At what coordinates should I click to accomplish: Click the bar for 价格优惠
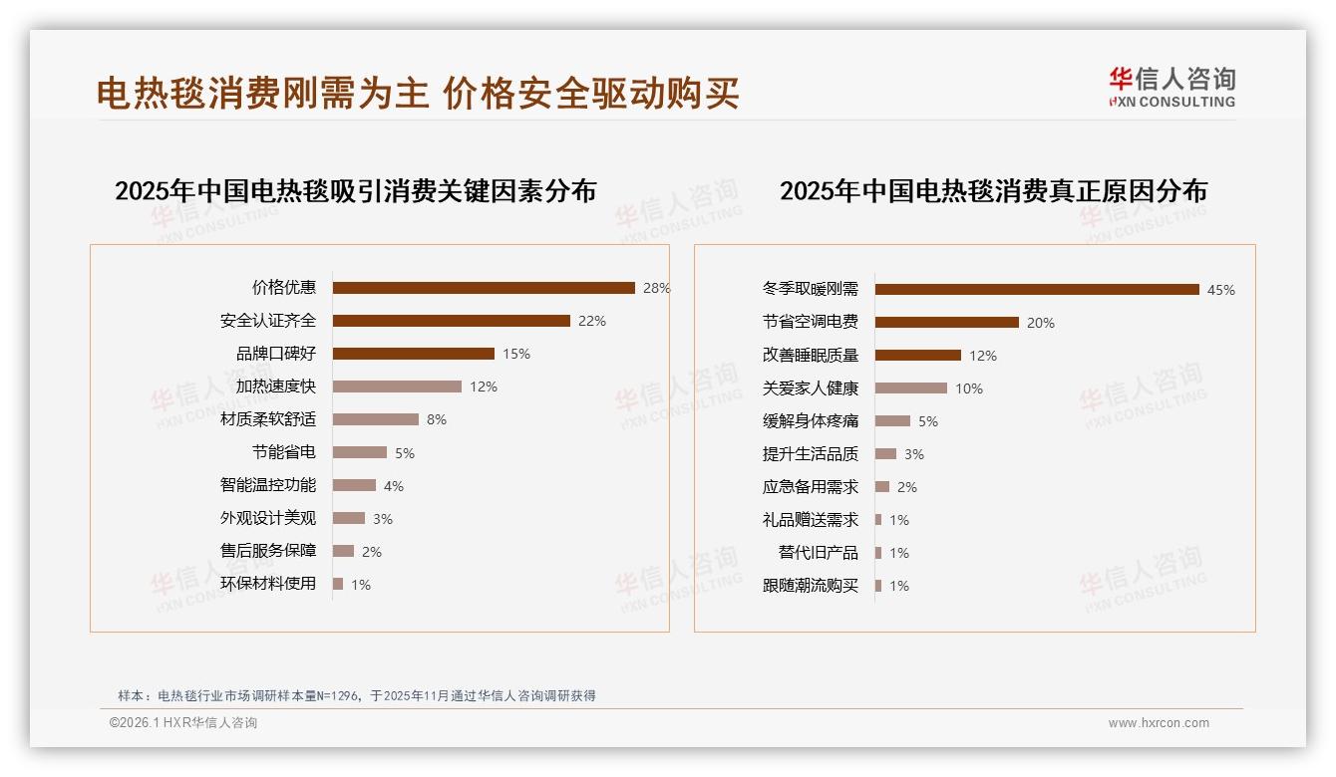click(x=484, y=288)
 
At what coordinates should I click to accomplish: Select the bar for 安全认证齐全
click(x=451, y=321)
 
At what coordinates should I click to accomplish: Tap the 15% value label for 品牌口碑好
click(x=516, y=354)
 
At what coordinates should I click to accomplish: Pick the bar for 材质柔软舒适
click(x=375, y=419)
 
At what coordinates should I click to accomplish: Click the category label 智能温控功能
click(x=268, y=485)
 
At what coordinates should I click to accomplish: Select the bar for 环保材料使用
click(x=338, y=584)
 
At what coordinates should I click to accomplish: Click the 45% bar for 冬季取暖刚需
click(x=1037, y=290)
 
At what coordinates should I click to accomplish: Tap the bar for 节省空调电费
click(x=946, y=323)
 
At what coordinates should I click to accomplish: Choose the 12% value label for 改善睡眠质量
click(x=983, y=356)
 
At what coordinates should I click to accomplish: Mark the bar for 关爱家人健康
click(x=910, y=388)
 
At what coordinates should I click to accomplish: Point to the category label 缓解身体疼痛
click(x=811, y=421)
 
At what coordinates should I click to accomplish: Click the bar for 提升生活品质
click(x=885, y=454)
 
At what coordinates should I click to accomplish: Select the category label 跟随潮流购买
click(x=811, y=586)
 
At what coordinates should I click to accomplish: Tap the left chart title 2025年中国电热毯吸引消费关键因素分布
click(x=355, y=191)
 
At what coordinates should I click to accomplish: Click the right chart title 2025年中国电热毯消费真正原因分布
click(x=993, y=191)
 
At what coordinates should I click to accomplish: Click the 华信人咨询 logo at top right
click(x=1171, y=88)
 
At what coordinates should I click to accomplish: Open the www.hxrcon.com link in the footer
click(x=1159, y=723)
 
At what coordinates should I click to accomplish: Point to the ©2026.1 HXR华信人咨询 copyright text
click(x=183, y=723)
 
